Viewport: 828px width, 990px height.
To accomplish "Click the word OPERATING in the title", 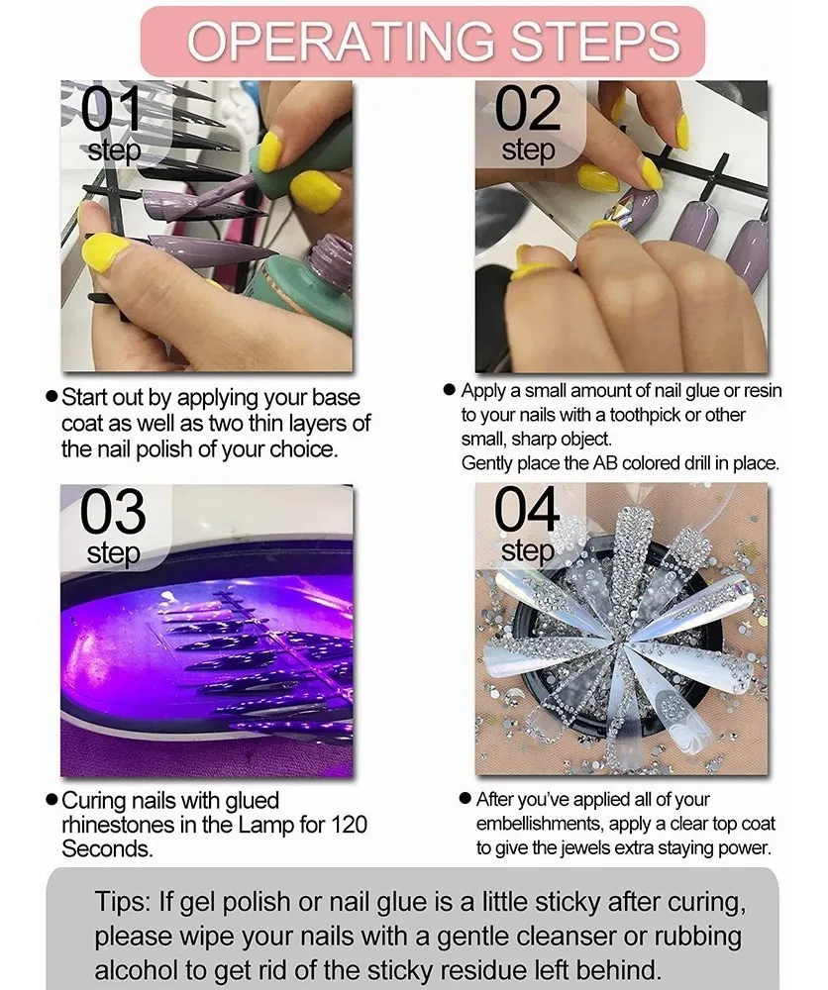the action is point(341,42).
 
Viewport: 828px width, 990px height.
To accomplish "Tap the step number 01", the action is point(111,109).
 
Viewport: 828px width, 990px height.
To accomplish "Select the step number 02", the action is point(528,109).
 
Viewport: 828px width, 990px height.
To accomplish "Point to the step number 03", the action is point(113,512).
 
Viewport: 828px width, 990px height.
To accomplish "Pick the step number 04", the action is point(527,509).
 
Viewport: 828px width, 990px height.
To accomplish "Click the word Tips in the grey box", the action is point(123,902).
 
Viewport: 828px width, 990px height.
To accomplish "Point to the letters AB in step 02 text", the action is point(604,462).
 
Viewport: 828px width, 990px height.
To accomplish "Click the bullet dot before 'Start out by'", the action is point(52,397).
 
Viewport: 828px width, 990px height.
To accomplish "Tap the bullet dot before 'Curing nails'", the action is point(52,800).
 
